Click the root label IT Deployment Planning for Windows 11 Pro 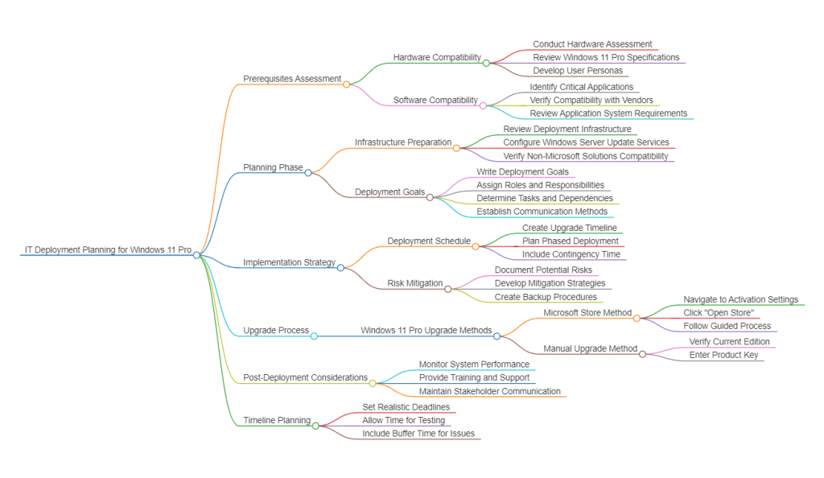coord(108,249)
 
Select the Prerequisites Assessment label coord(292,79)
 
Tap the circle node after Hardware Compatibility coord(486,63)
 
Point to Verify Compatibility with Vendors coord(591,100)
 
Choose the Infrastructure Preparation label coord(403,142)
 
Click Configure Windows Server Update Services coord(586,142)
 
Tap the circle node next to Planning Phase coord(308,172)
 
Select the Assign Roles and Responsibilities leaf coord(540,185)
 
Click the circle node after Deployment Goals coord(430,197)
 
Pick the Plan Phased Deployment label coord(571,241)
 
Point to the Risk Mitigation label coord(415,283)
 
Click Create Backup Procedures coord(546,297)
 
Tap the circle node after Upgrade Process coord(314,336)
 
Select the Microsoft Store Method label coord(587,313)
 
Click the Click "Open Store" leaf coord(719,312)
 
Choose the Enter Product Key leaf coord(723,355)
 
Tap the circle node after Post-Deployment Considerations coord(372,383)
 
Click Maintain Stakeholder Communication coord(490,391)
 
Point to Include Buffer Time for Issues coord(418,434)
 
